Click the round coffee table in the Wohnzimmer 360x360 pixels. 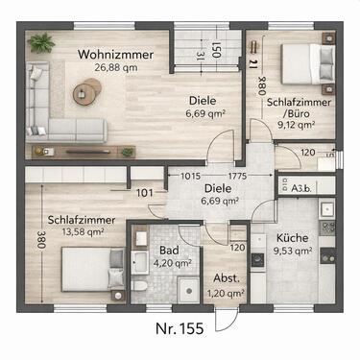(x=88, y=91)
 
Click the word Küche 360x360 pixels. (x=291, y=237)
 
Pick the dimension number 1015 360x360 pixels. (x=190, y=176)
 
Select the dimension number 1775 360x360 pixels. (x=239, y=176)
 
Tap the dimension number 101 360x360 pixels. (x=144, y=191)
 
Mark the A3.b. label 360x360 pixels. (x=301, y=189)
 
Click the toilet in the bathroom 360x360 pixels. (x=139, y=286)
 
